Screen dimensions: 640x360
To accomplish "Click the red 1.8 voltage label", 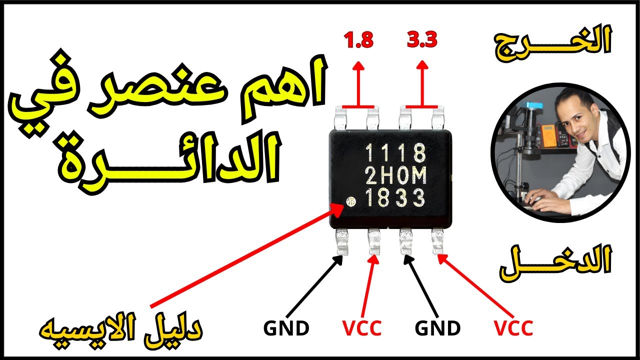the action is point(358,40).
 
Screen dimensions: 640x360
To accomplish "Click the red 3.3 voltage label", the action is point(422,40).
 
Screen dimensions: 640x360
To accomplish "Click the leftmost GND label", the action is point(286,328).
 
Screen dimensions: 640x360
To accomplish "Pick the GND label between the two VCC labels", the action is point(437,328).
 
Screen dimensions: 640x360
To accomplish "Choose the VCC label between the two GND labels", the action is point(362,328).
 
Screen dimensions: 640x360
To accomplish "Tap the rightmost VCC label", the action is point(513,328).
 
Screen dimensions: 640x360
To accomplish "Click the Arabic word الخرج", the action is point(552,43).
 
